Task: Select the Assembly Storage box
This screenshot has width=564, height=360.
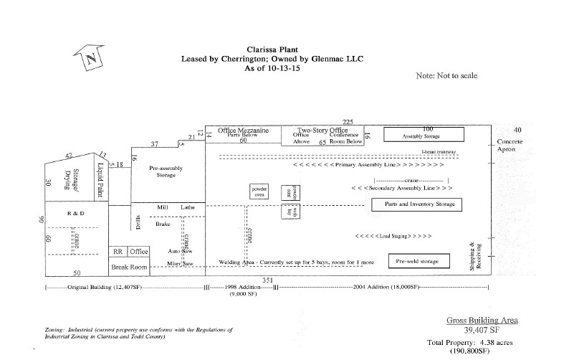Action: (424, 133)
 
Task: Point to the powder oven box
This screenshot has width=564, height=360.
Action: (259, 191)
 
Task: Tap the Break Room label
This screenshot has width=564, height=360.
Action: (129, 267)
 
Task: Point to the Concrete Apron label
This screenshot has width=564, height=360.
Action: (511, 146)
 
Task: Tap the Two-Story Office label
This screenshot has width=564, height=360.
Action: (322, 130)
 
